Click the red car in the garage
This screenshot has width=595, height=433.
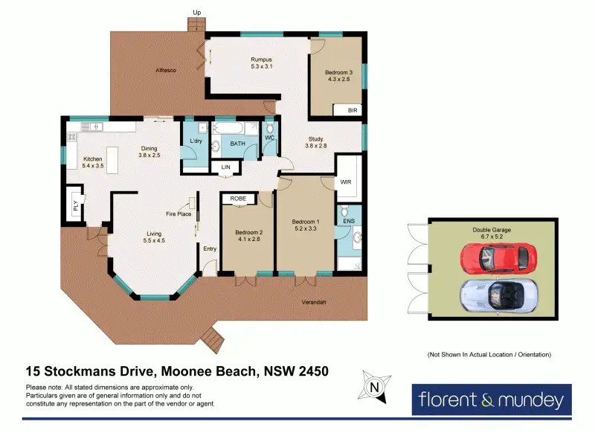pos(498,257)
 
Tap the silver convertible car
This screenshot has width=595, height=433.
pos(498,295)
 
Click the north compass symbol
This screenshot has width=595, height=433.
pos(374,387)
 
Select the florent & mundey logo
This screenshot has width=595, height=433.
pos(492,400)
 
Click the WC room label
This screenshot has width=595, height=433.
pos(269,138)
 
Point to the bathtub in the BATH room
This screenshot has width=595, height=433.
pos(228,128)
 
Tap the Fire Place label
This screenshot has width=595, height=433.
pos(178,214)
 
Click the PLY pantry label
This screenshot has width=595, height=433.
pos(76,205)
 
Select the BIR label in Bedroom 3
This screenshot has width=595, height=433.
pos(353,110)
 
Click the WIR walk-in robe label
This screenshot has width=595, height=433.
pos(346,182)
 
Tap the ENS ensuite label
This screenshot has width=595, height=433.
pos(349,221)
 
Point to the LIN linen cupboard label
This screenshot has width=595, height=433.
pos(226,167)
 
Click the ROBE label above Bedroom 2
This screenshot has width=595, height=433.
pos(238,199)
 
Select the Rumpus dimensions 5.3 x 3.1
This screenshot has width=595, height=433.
pos(262,66)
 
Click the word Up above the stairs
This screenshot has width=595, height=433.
pos(196,13)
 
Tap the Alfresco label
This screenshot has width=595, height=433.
pos(166,70)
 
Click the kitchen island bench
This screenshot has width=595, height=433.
pos(112,160)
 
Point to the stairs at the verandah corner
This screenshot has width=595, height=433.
pos(213,339)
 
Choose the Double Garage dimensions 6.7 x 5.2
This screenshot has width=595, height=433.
pos(492,237)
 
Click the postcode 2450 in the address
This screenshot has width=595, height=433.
pos(313,371)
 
